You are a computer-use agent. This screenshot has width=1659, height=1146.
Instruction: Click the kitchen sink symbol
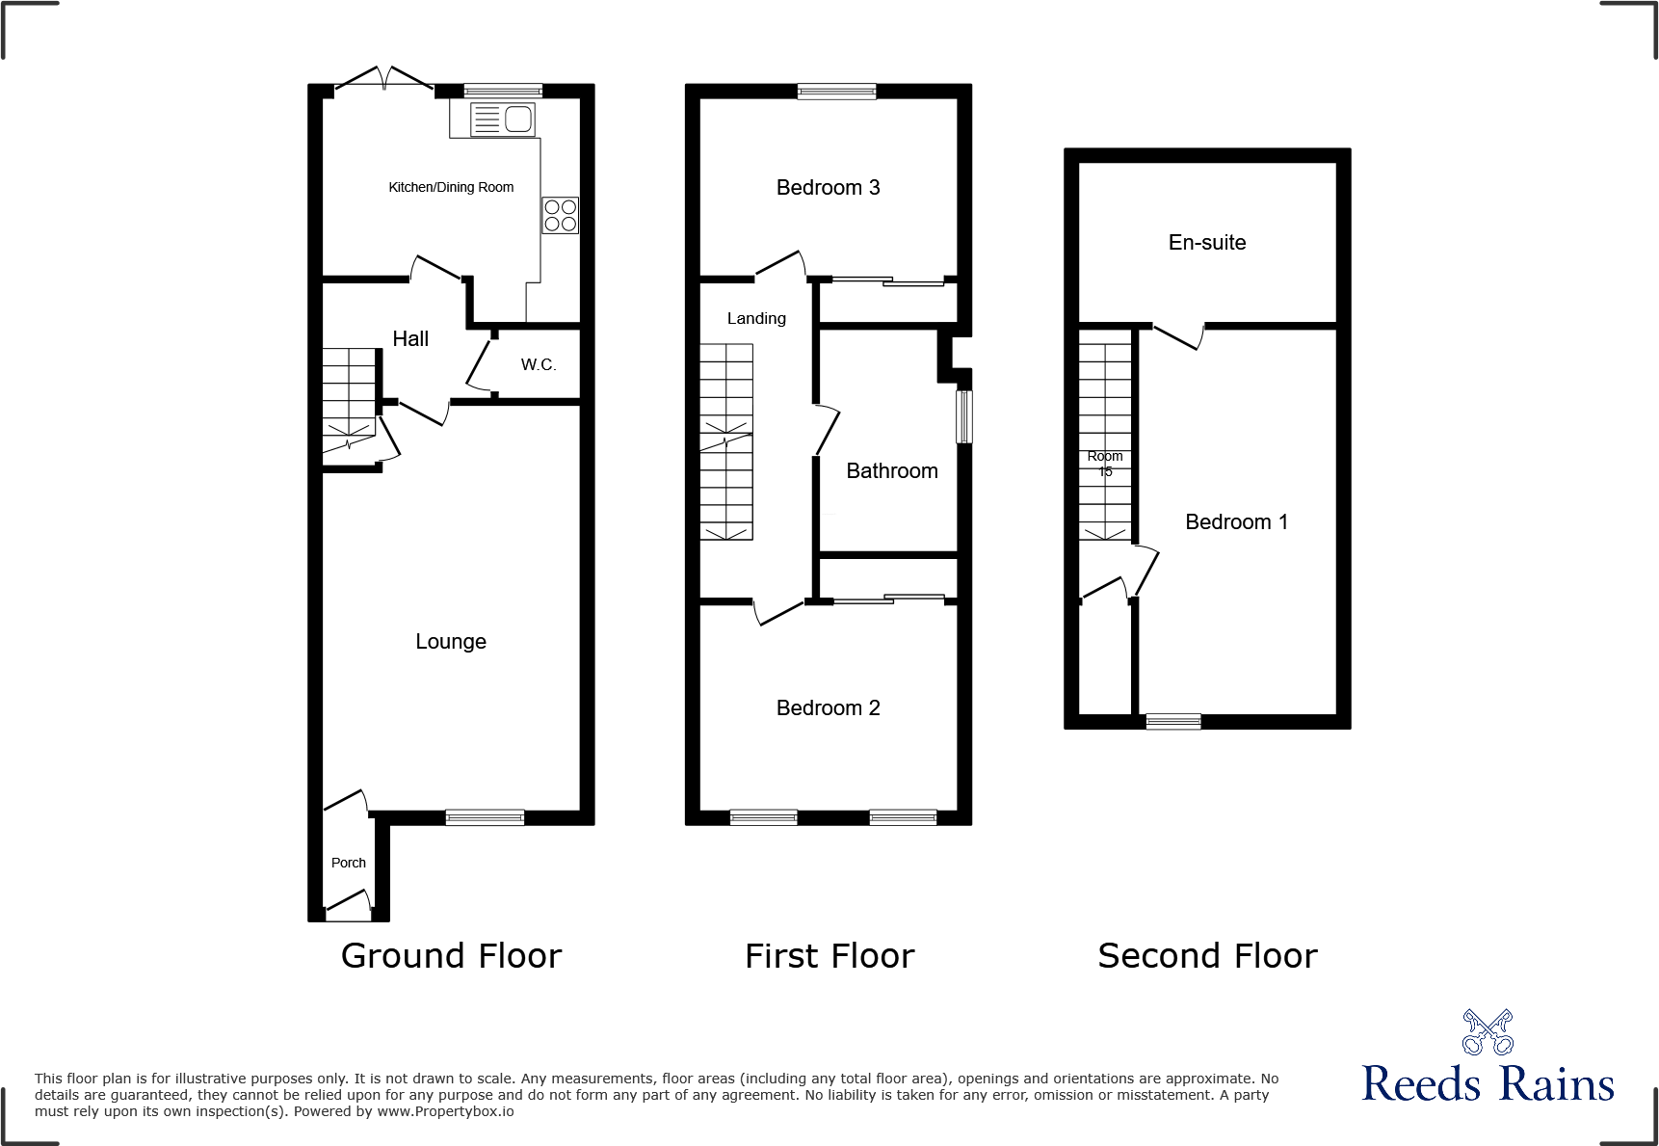[502, 120]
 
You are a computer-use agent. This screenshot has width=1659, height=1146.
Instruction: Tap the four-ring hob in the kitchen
[560, 215]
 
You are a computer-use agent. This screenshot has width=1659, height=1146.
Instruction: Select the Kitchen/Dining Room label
[451, 187]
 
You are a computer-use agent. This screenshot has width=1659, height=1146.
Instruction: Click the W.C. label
[539, 364]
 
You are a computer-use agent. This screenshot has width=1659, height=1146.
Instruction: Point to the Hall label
[410, 338]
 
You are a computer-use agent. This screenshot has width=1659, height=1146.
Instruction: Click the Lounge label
[451, 641]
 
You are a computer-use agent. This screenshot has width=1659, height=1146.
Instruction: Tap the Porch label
[349, 863]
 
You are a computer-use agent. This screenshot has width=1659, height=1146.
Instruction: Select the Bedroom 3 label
[828, 187]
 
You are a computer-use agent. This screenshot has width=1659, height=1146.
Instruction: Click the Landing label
[756, 318]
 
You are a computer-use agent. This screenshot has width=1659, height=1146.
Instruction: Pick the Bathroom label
[892, 470]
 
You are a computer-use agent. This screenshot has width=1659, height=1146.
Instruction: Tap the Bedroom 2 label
[828, 707]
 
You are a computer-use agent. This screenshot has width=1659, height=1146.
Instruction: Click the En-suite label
[1207, 242]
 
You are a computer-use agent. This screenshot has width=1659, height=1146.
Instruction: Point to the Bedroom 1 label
[1236, 521]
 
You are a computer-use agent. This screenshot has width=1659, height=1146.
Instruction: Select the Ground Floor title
[451, 955]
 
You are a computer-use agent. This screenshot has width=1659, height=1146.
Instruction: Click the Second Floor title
[1207, 955]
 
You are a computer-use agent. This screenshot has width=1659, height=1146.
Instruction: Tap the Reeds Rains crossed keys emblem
[1488, 1032]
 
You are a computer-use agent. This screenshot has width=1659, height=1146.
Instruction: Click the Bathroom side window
[963, 416]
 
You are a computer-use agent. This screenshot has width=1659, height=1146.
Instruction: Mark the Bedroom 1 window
[1172, 721]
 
